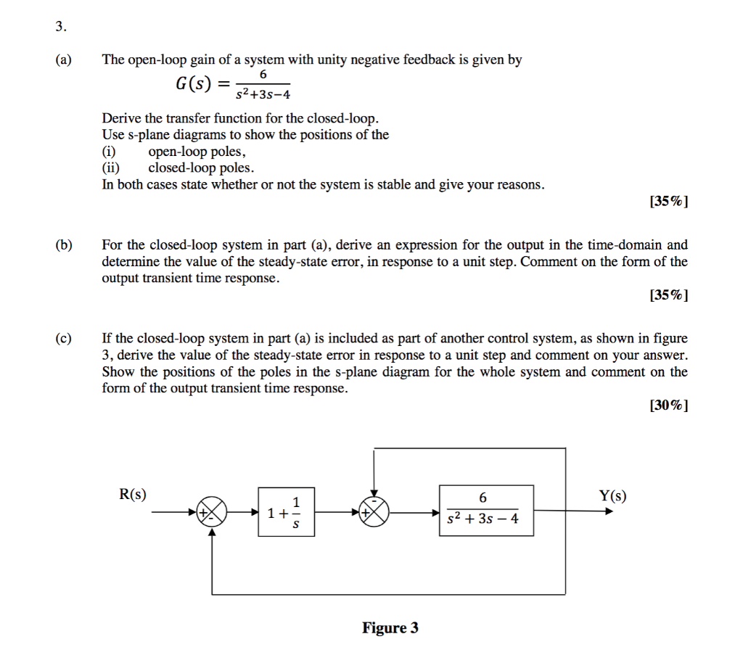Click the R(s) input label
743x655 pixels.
tap(133, 495)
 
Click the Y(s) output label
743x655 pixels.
tap(612, 496)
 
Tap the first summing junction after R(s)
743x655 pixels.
tap(212, 512)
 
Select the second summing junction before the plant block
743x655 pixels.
tap(374, 512)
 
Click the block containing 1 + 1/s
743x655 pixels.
tap(286, 512)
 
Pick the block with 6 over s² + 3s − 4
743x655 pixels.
tap(486, 511)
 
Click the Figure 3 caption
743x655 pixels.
tap(390, 627)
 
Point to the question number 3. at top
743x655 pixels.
tap(61, 27)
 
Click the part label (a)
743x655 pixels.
tap(64, 59)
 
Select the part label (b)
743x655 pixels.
tap(64, 245)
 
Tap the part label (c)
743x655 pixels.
tap(64, 338)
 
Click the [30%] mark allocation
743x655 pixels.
tap(668, 405)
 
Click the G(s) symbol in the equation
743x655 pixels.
tap(193, 84)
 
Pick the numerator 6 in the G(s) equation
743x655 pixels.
tap(263, 75)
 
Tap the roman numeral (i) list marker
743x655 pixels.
tap(109, 152)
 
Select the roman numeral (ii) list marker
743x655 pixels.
tap(111, 168)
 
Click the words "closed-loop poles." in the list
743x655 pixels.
tap(202, 168)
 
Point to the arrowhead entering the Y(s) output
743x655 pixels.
tap(609, 511)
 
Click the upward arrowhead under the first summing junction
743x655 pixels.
tap(213, 532)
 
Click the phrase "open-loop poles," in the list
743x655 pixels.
tap(197, 152)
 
